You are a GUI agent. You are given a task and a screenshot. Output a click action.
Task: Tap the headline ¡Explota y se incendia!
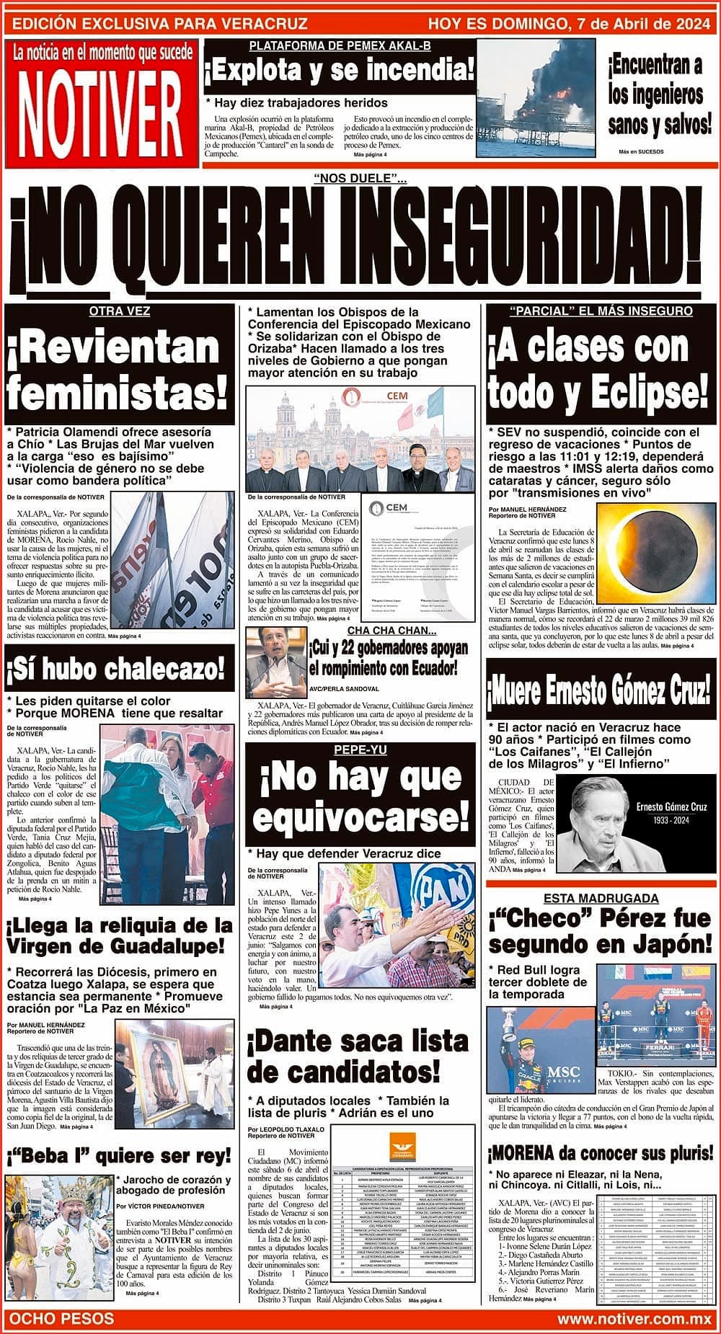[340, 71]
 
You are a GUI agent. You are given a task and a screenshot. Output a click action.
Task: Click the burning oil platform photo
[536, 98]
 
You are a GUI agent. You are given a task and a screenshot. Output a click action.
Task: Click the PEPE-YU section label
[360, 750]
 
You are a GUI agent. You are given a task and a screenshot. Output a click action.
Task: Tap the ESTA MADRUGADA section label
[601, 898]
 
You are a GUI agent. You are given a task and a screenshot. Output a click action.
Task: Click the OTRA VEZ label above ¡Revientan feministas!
[119, 311]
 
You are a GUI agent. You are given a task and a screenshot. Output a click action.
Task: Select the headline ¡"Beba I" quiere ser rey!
[118, 1157]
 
